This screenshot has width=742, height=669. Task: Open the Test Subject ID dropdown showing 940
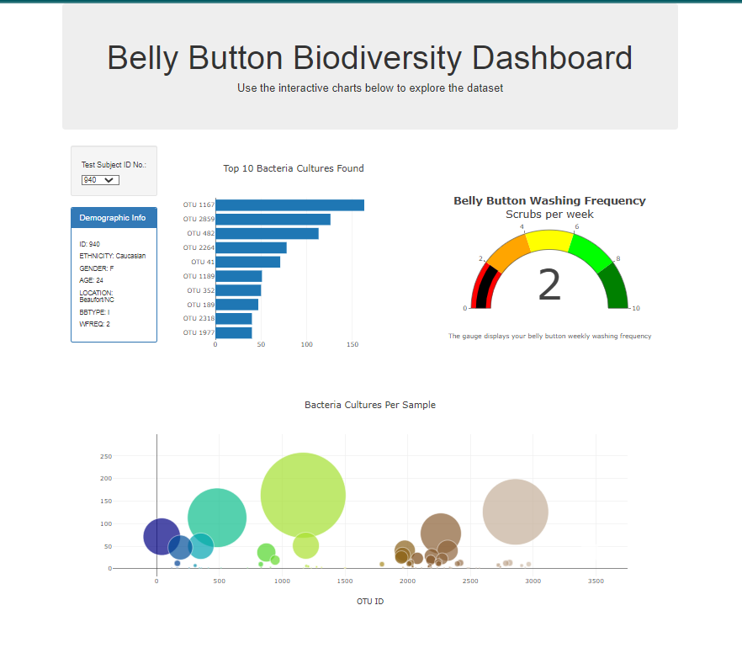pos(100,179)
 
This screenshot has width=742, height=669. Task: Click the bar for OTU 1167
pos(289,205)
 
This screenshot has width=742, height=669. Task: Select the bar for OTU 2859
pos(273,220)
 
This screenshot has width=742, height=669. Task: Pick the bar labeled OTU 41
pos(247,262)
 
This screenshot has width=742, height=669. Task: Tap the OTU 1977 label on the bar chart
pos(199,332)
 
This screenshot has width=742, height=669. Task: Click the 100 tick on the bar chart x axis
pos(307,344)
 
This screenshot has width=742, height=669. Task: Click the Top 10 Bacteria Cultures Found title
pos(293,168)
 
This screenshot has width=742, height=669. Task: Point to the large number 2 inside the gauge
pos(549,286)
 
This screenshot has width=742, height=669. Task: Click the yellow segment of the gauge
pos(549,239)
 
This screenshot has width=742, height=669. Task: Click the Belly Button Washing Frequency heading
pos(549,200)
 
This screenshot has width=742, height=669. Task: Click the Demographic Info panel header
pos(113,218)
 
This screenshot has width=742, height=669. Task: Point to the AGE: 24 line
pos(91,280)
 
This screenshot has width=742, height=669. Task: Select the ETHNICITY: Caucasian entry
pos(112,255)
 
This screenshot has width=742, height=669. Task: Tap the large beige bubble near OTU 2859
pos(515,512)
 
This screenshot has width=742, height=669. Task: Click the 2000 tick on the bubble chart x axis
pos(408,581)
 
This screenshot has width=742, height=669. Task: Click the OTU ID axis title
pos(369,602)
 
